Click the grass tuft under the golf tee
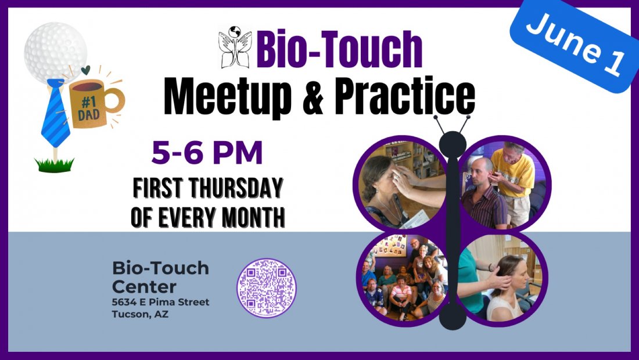54,165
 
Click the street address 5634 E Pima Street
160,303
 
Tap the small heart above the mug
86,70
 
